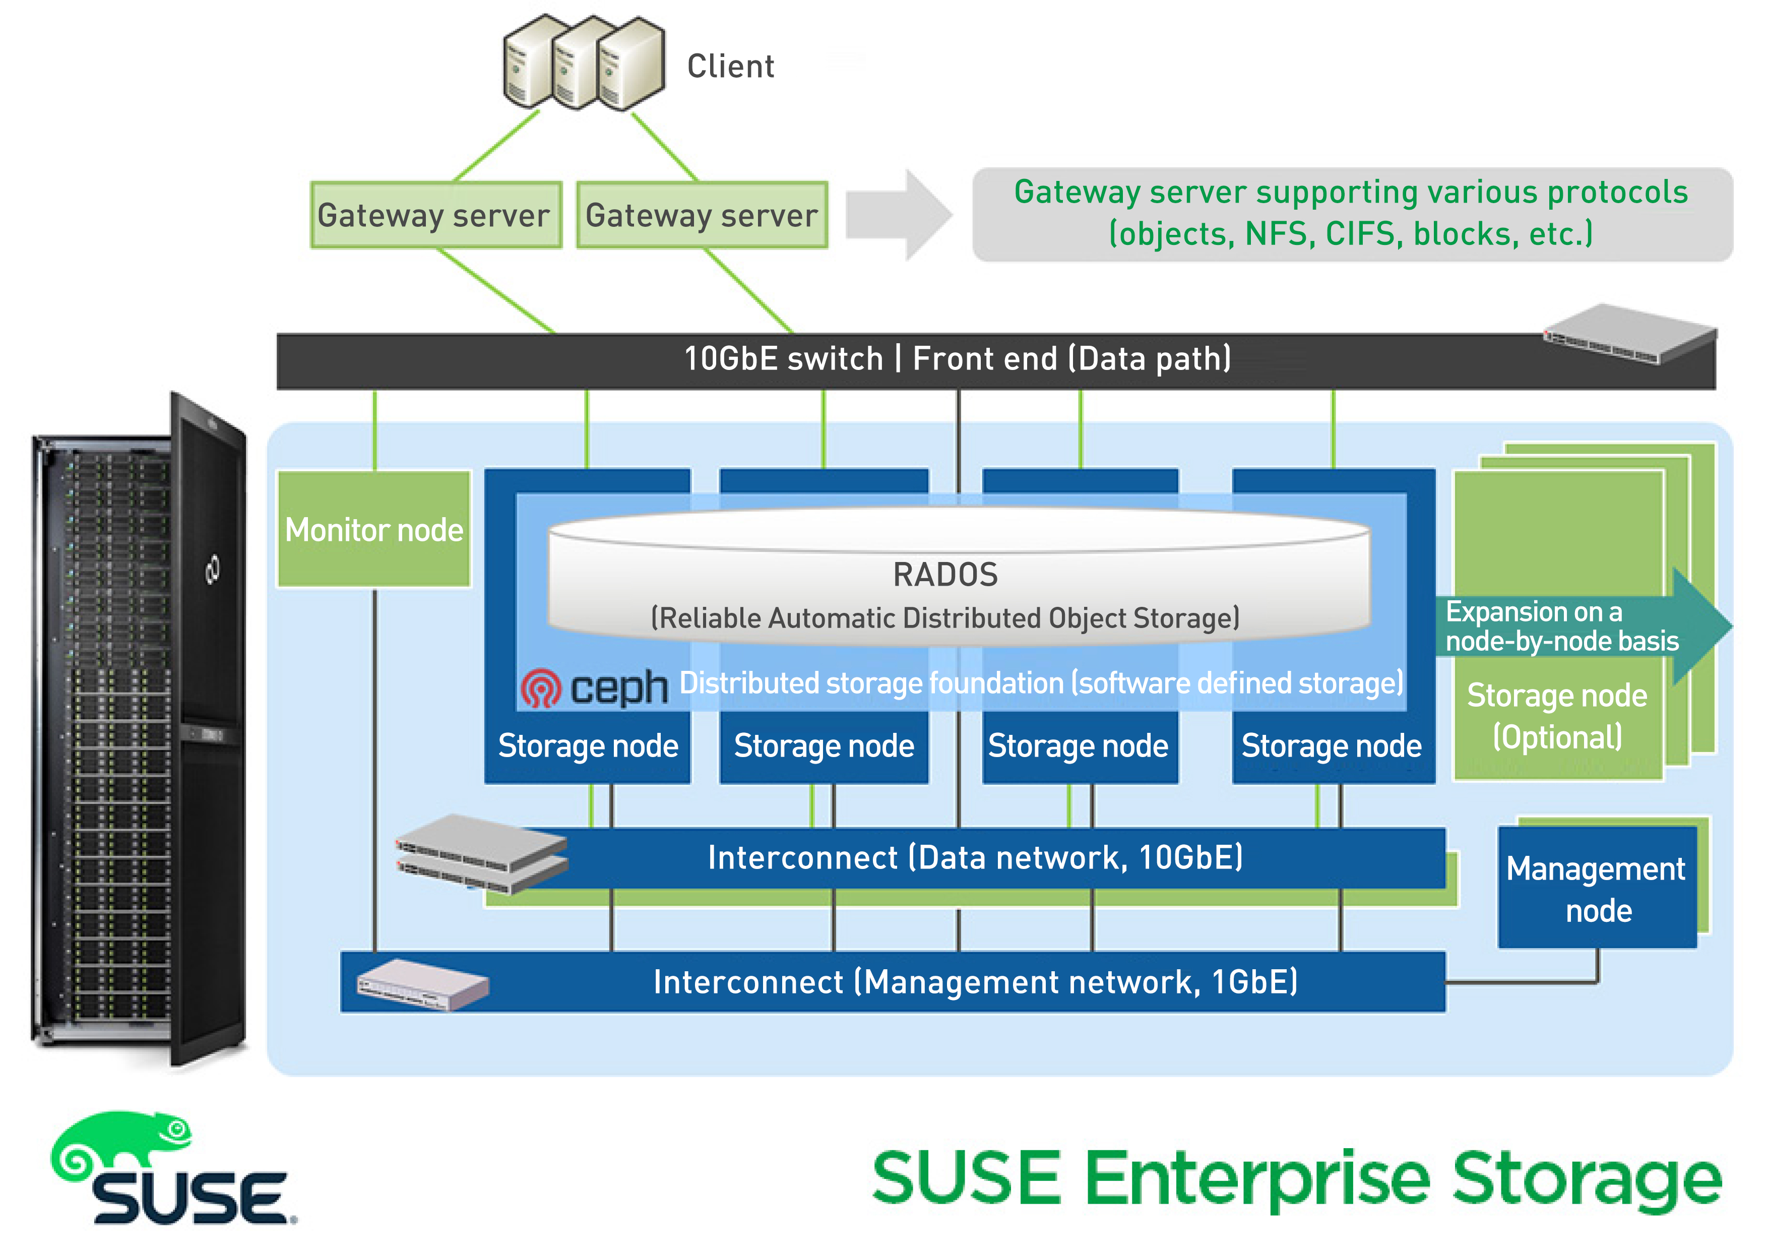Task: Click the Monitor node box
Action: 374,530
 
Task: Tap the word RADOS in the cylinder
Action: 945,575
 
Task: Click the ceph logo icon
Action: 541,688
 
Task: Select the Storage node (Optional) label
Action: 1557,716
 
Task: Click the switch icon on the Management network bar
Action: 422,984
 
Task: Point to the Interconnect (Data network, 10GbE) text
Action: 975,858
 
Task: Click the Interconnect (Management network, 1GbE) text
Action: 975,982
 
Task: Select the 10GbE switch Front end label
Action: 957,359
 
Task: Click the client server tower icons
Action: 584,63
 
